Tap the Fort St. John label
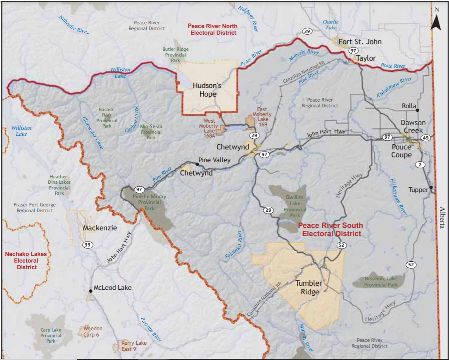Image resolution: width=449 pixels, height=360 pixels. [x=360, y=42]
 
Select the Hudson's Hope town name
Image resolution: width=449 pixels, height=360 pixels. [x=207, y=90]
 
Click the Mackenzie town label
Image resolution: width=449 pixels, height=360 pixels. [x=100, y=228]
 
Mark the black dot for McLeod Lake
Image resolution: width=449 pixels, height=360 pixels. [x=90, y=291]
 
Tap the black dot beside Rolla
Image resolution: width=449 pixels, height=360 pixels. [x=418, y=110]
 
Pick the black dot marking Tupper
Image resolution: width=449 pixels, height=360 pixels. [x=431, y=187]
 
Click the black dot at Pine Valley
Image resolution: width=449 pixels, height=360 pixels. [x=197, y=164]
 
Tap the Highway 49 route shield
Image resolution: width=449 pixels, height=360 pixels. [x=426, y=137]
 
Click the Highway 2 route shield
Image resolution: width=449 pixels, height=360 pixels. [x=420, y=165]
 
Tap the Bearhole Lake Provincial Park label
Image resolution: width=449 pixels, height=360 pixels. [x=380, y=282]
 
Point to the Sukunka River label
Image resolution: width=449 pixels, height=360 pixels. [x=234, y=245]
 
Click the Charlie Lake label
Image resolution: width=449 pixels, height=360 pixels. [x=330, y=25]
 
